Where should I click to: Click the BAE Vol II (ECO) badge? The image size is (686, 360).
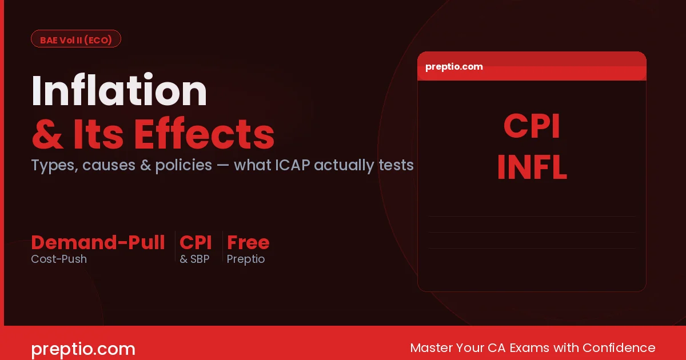click(75, 39)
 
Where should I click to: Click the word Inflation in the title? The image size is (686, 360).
click(119, 91)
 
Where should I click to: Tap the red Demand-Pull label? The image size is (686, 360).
click(98, 242)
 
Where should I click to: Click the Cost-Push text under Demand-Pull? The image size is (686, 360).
click(59, 259)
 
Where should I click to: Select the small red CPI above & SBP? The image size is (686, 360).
click(196, 242)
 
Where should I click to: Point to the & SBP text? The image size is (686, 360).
click(194, 259)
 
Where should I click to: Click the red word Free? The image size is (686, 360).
click(248, 242)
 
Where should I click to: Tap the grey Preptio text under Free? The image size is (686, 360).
click(246, 259)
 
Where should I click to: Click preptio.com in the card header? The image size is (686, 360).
click(454, 66)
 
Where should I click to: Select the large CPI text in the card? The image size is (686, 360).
click(532, 127)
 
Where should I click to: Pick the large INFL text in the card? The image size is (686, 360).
click(532, 168)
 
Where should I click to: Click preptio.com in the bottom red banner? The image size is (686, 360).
click(83, 349)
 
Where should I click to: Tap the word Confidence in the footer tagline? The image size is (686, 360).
click(619, 347)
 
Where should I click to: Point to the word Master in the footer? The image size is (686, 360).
click(432, 347)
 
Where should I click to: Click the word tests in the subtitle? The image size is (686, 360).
click(396, 165)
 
